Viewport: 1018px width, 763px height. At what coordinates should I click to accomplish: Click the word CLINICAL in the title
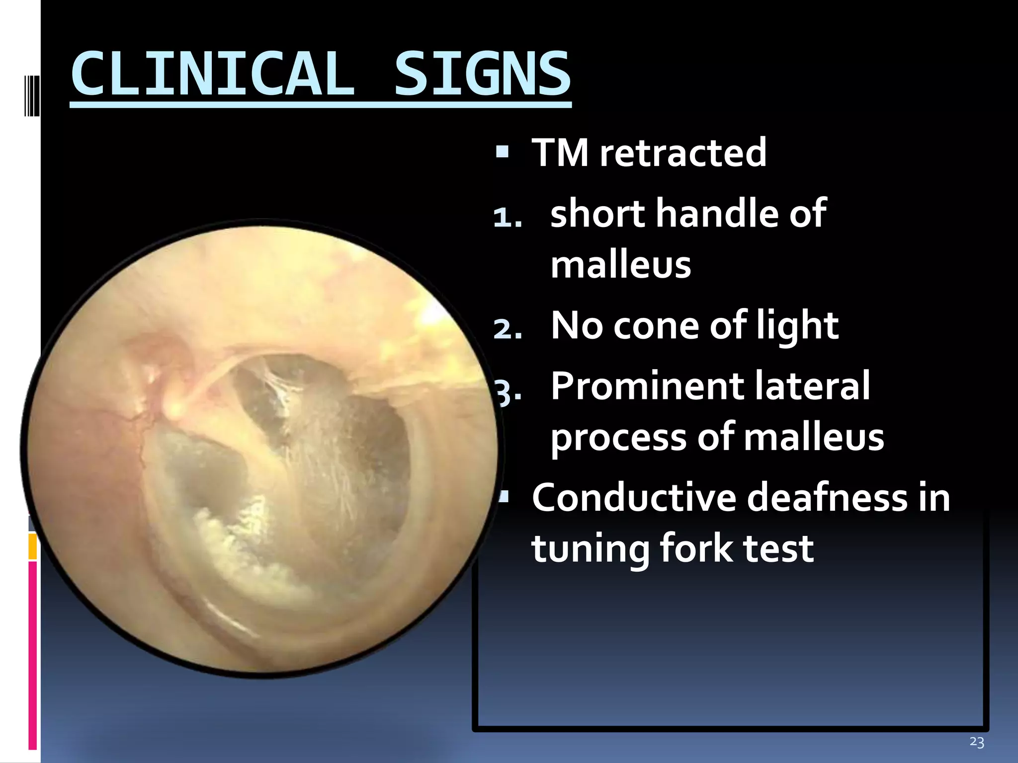[213, 75]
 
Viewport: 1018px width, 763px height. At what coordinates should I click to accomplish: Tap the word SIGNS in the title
[482, 75]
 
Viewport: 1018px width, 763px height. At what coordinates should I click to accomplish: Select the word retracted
[683, 153]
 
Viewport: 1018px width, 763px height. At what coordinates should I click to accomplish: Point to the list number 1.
[507, 217]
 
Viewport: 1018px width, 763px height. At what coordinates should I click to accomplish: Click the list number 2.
[507, 329]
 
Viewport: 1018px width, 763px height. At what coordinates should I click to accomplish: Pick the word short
[599, 214]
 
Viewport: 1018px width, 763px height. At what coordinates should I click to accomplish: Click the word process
[618, 438]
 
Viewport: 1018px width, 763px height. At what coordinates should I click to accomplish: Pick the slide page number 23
[977, 742]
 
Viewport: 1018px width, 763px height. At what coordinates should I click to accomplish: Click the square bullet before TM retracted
[502, 152]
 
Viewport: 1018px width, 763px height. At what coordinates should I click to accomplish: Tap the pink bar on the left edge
[33, 656]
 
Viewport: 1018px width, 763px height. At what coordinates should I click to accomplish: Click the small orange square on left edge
[33, 546]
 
